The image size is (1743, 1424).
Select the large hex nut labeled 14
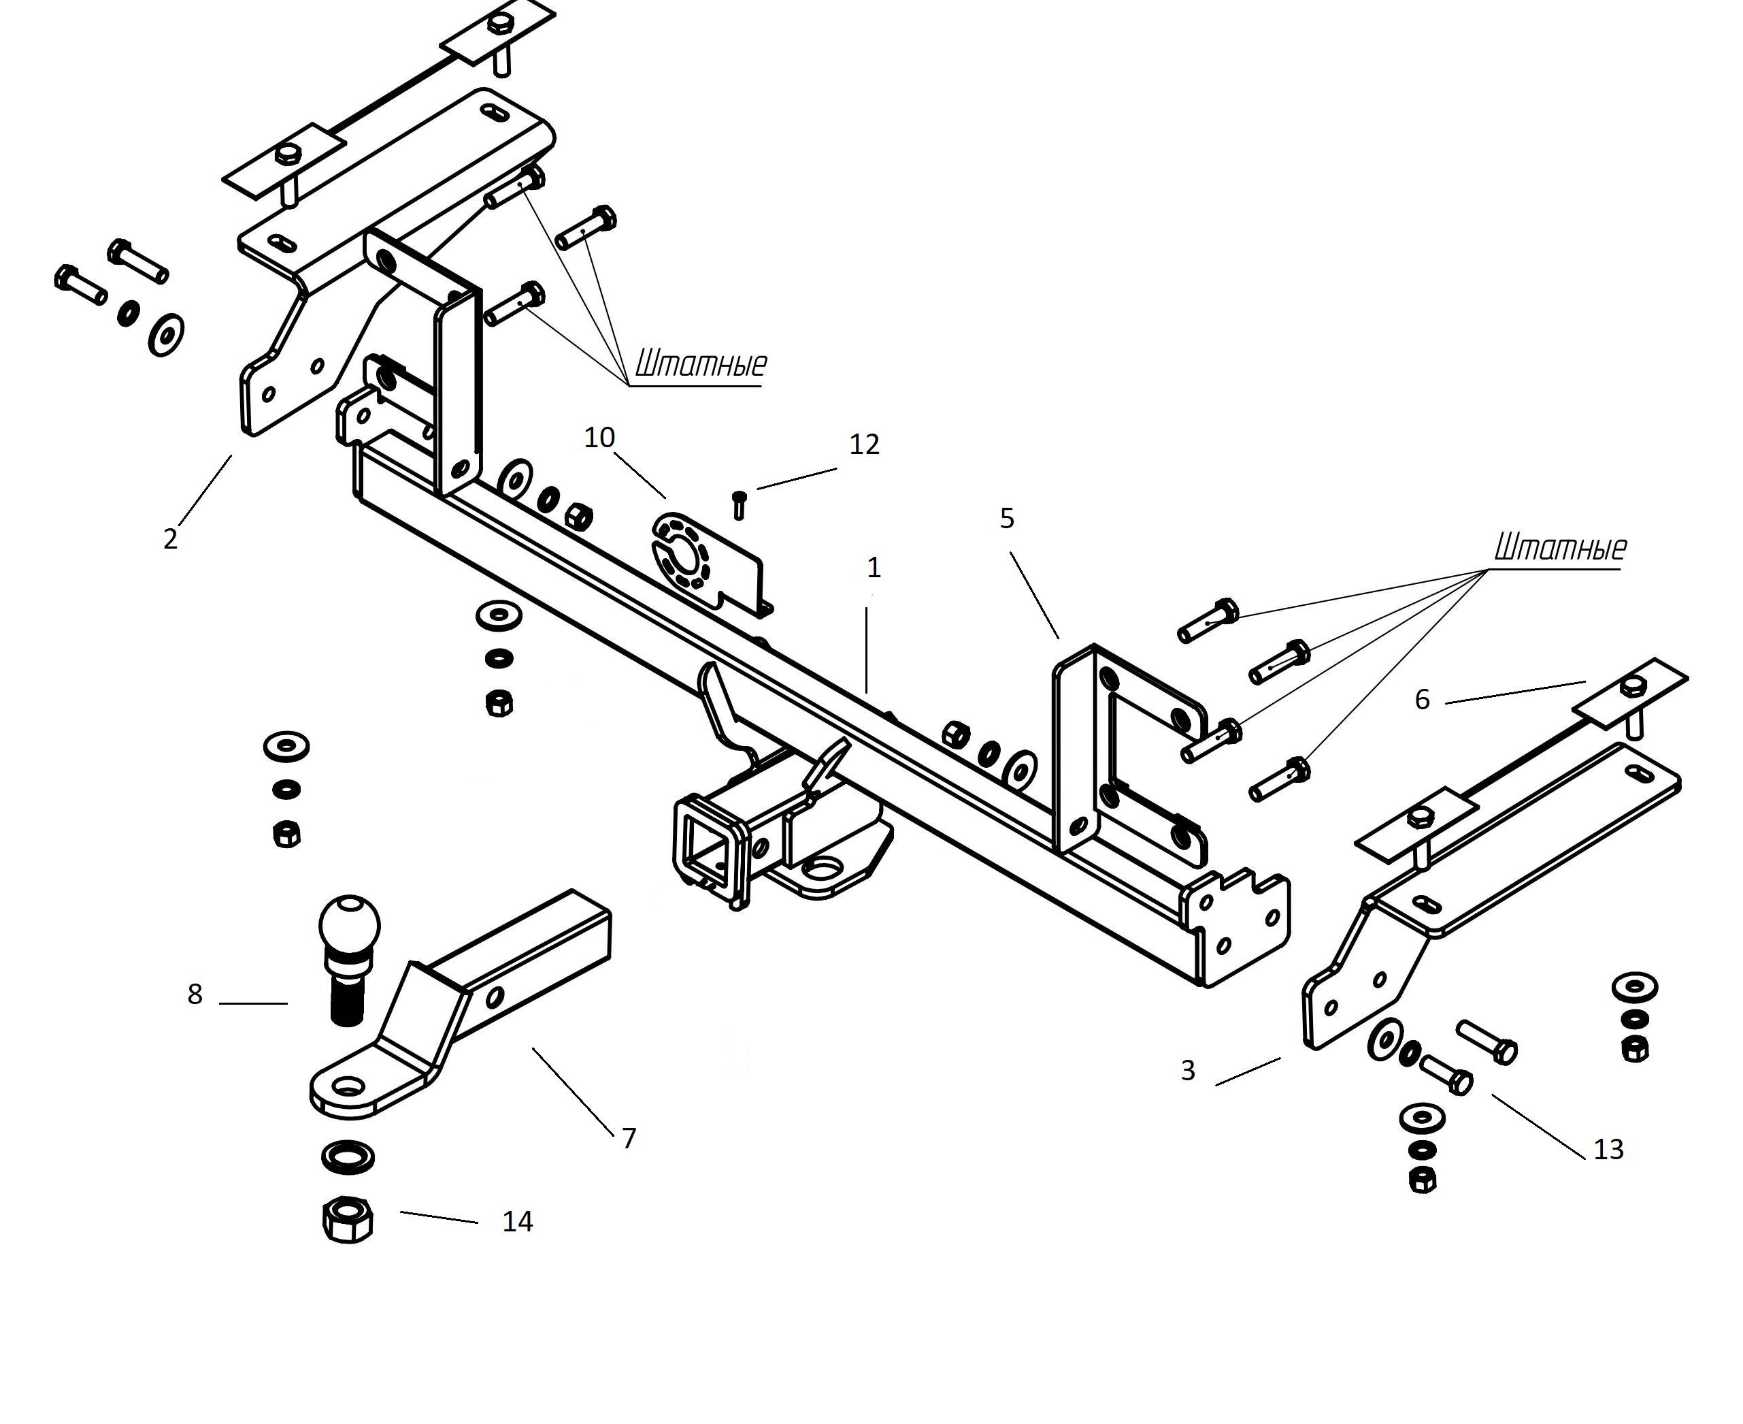348,1219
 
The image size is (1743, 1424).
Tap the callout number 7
629,1139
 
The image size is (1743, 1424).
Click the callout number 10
599,438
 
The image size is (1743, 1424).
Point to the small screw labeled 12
739,504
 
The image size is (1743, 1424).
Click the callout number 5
1007,519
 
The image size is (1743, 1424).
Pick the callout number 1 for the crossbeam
874,568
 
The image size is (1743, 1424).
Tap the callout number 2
171,539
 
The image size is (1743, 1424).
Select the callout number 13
1608,1150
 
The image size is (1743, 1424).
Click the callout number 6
1423,700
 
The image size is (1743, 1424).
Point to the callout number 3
1188,1071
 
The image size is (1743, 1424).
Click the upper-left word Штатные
701,363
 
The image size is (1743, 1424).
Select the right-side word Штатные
1559,547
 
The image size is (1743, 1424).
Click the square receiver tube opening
708,851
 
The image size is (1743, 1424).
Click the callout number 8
195,995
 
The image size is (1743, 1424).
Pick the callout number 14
517,1223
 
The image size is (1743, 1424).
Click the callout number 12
864,444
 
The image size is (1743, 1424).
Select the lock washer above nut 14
348,1156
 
